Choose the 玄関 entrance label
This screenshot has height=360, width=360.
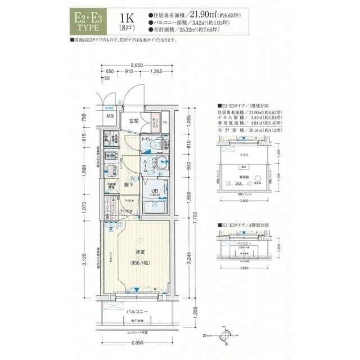tap(134, 121)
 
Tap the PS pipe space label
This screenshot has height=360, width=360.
tap(165, 121)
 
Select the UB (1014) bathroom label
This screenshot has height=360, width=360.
tap(154, 192)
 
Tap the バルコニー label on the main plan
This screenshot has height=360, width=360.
tap(137, 311)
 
